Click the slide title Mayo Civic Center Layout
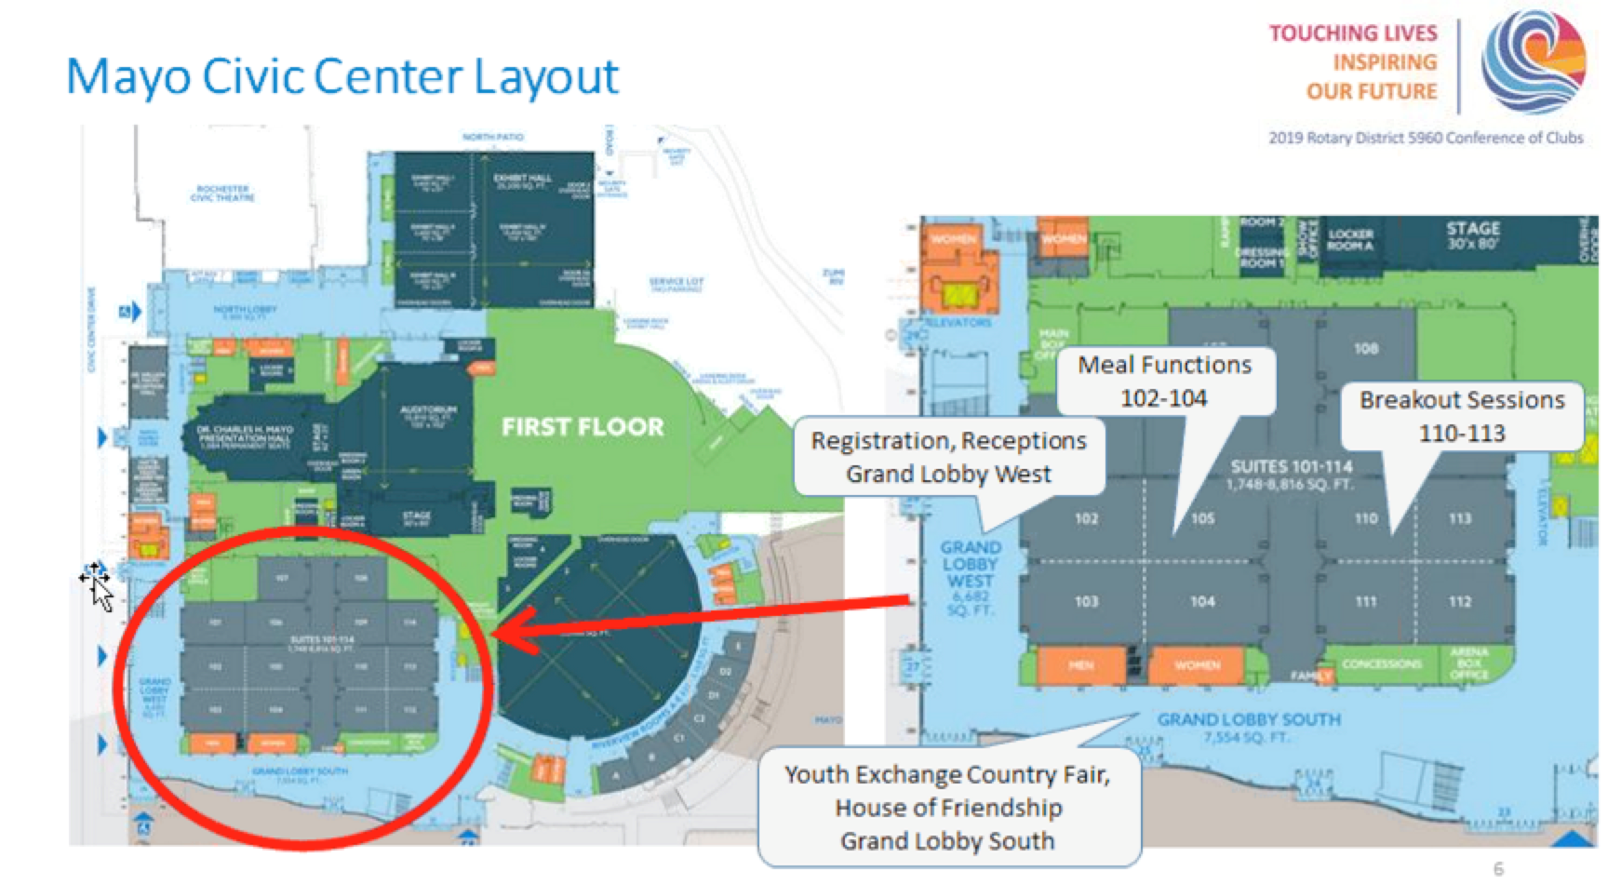342,76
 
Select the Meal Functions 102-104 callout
1163,381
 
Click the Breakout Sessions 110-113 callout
1461,416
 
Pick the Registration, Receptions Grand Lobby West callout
947,457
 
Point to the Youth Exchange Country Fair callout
947,807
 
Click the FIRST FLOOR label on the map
583,427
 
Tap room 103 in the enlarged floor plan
1086,601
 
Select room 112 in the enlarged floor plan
1459,601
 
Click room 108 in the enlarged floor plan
1366,349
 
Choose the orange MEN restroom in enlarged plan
1080,664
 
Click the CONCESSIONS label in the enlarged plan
1381,663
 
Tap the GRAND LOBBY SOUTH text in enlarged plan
1249,719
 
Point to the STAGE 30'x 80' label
1472,235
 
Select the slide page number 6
1497,868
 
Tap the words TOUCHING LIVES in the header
1353,33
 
